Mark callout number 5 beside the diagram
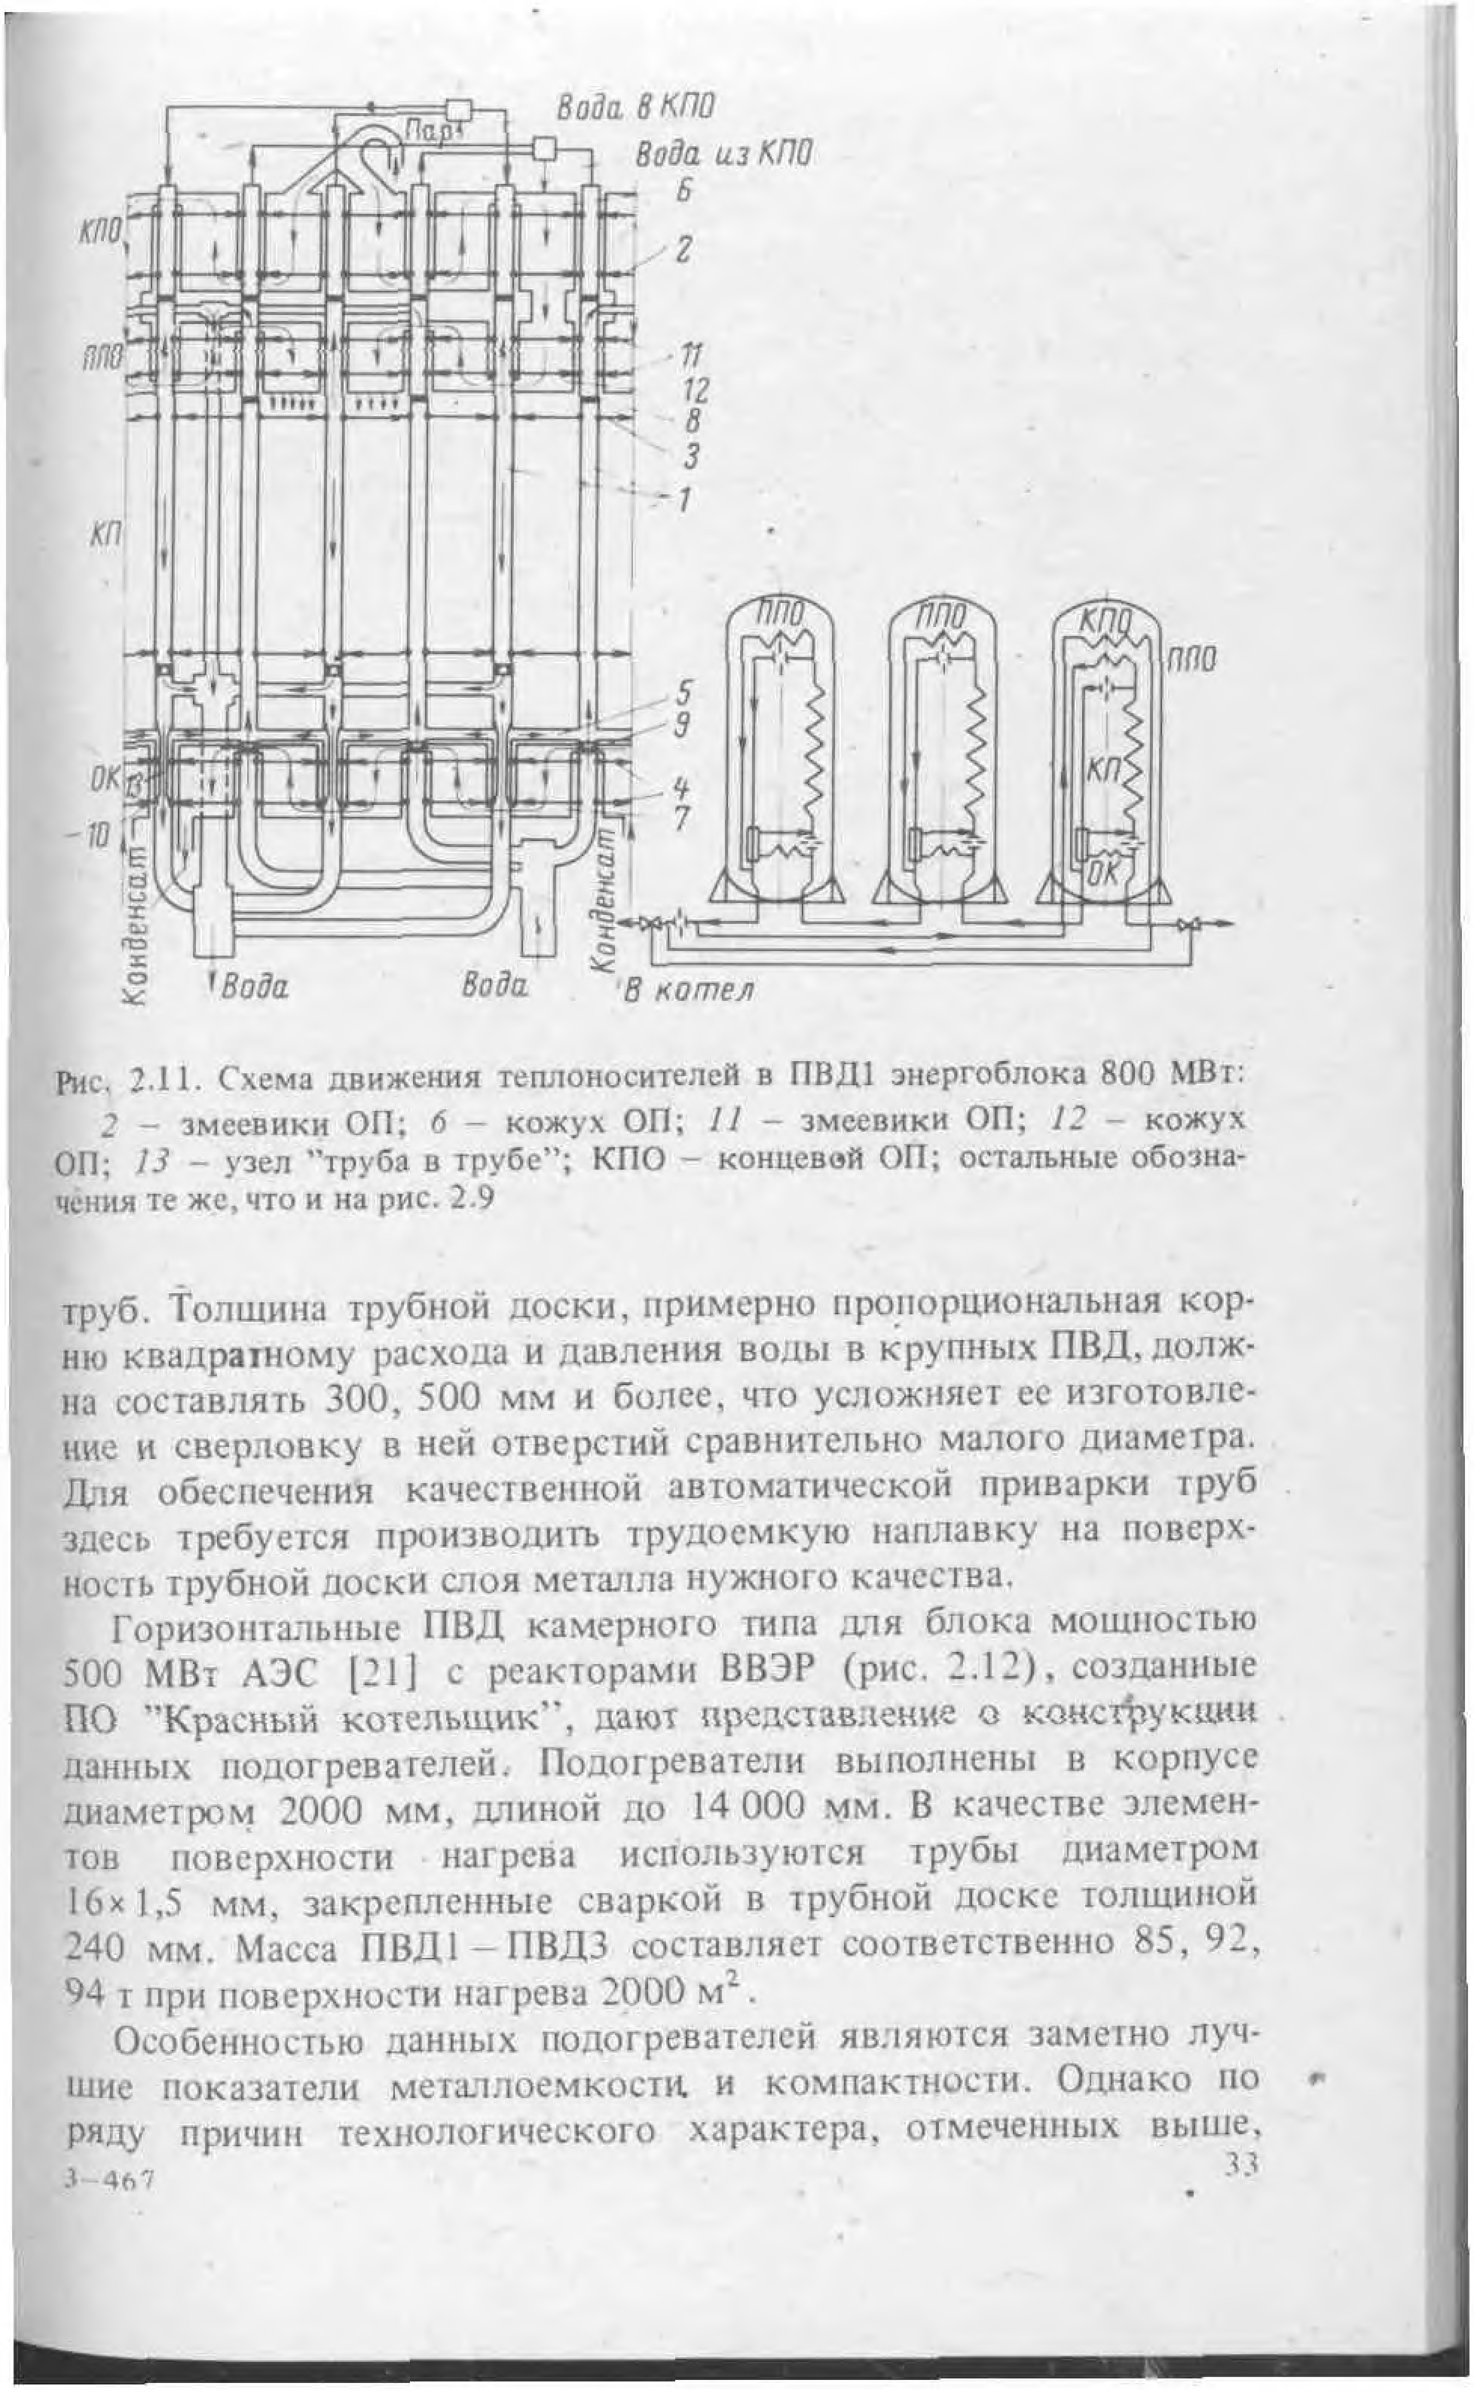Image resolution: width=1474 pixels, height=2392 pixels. [x=685, y=694]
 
